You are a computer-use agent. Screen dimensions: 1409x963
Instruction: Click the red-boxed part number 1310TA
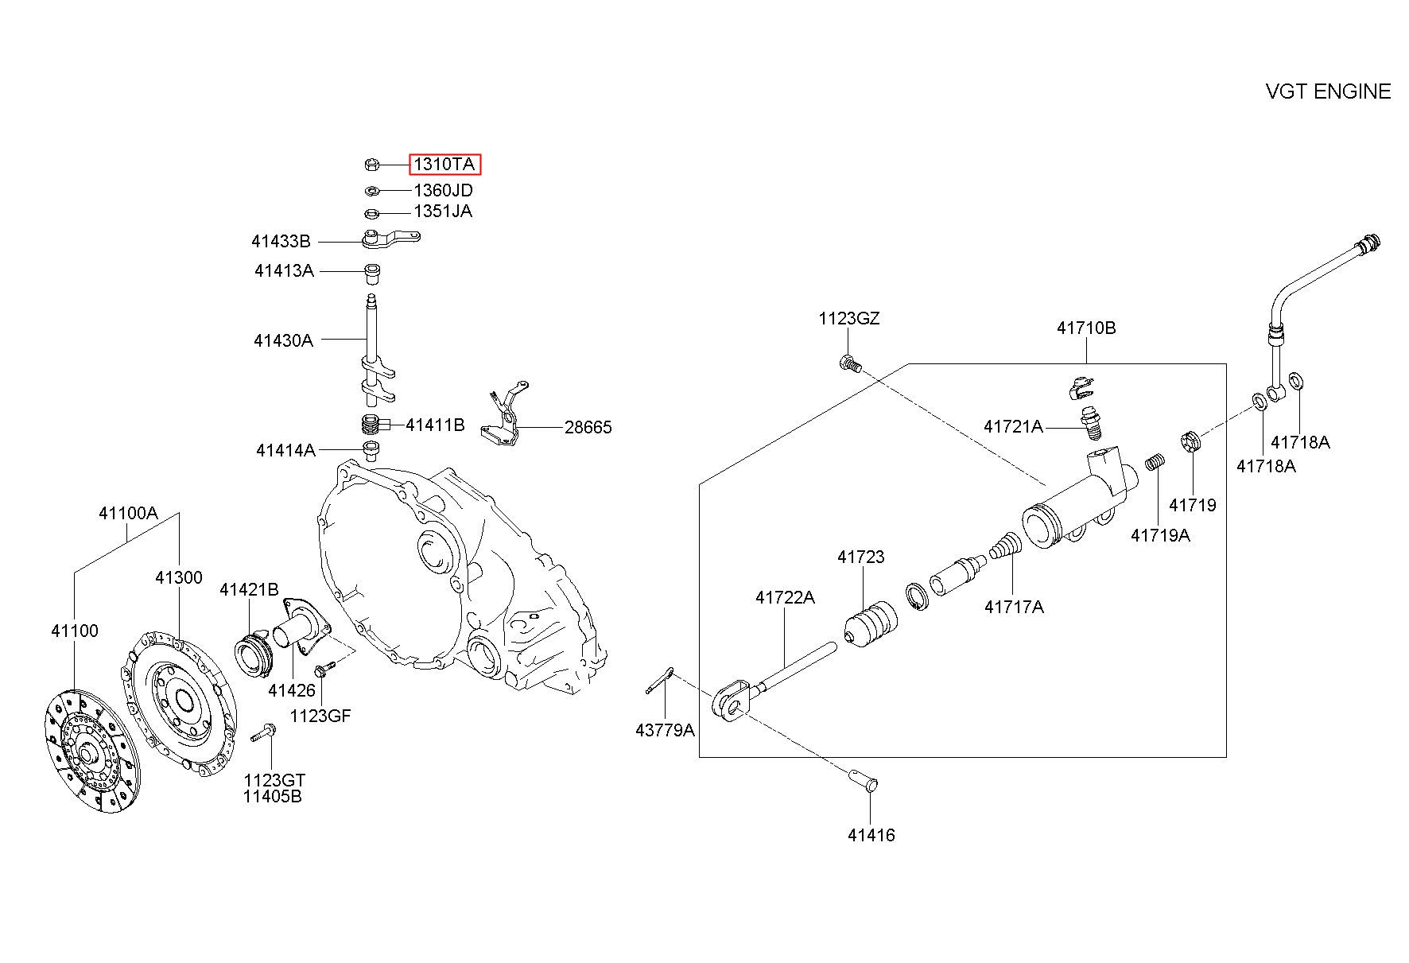445,165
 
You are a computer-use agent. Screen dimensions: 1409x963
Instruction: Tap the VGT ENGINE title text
1328,91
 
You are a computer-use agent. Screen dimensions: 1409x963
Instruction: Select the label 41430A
284,340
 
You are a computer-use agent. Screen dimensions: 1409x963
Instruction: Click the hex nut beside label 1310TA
371,165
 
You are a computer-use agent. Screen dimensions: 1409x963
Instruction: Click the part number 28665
588,428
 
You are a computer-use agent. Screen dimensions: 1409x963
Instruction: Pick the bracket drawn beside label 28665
504,417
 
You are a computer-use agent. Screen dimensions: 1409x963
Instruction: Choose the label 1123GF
320,716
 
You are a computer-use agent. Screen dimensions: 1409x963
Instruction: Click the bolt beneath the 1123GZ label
849,364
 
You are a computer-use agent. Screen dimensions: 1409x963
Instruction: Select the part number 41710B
1086,328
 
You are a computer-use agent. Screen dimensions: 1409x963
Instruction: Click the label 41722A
785,597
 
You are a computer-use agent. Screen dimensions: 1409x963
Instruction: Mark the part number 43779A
665,730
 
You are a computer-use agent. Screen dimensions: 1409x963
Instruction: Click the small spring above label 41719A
1155,461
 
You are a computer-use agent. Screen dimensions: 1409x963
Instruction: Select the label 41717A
1014,608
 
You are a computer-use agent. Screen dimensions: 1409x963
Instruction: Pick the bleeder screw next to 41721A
1092,422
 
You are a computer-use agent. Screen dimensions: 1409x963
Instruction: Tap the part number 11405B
273,797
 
